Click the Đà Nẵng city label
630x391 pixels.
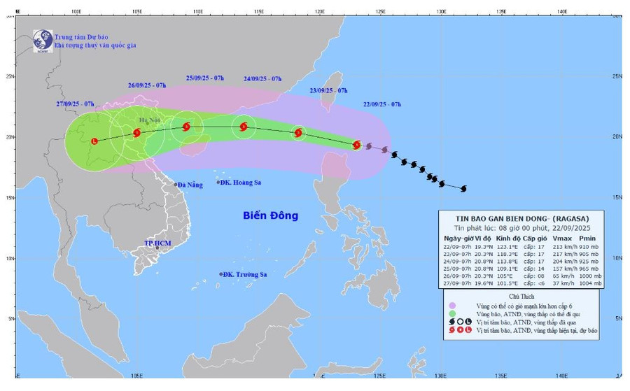coord(190,185)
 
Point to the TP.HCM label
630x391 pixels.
coord(157,243)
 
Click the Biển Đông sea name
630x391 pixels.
coord(270,215)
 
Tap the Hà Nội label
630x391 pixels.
coord(150,120)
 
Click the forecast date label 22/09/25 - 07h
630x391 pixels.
coord(382,104)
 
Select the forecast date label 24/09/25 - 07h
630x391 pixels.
coord(262,79)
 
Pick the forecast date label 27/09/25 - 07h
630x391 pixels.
coord(76,104)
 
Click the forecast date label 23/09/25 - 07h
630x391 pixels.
coord(328,91)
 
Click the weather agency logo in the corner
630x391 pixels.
coord(43,41)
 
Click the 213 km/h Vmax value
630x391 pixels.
coord(556,246)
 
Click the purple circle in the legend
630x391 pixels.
coord(452,305)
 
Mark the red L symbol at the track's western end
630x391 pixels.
coord(94,141)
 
